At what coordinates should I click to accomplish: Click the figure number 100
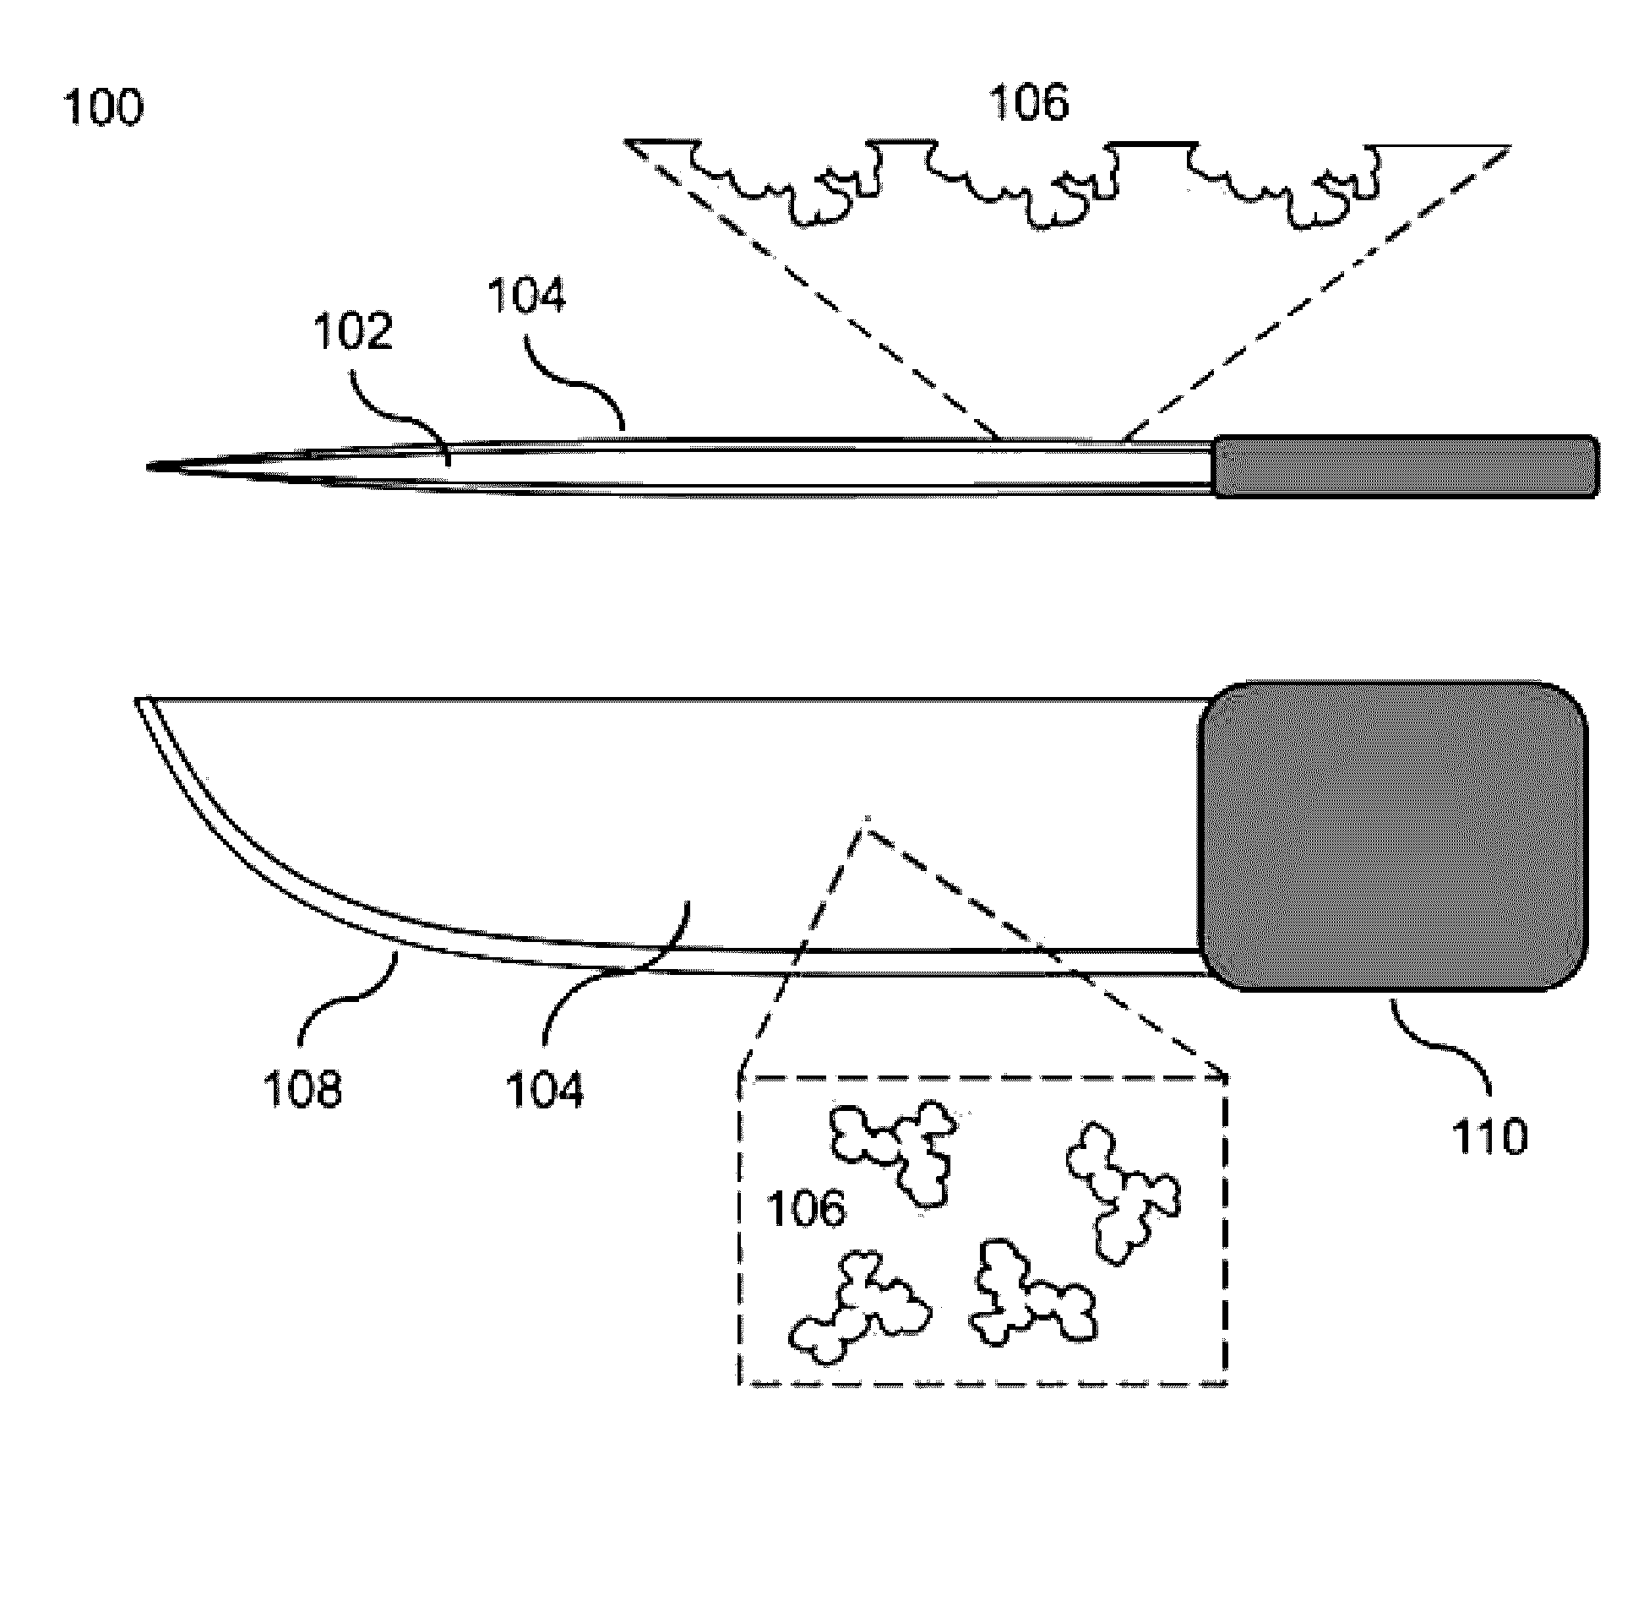coord(103,108)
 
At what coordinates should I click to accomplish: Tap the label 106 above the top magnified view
coord(1028,102)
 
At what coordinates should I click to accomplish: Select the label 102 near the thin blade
coord(353,332)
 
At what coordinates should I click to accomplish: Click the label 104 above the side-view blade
coord(526,296)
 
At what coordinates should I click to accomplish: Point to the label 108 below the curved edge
coord(303,1087)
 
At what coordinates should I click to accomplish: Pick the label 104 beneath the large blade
coord(545,1087)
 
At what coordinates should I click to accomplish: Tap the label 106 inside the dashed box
coord(805,1209)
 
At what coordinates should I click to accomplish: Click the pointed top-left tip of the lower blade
coord(140,700)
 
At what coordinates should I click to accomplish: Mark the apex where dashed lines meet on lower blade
coord(864,820)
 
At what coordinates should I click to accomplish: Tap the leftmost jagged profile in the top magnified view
coord(777,182)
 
